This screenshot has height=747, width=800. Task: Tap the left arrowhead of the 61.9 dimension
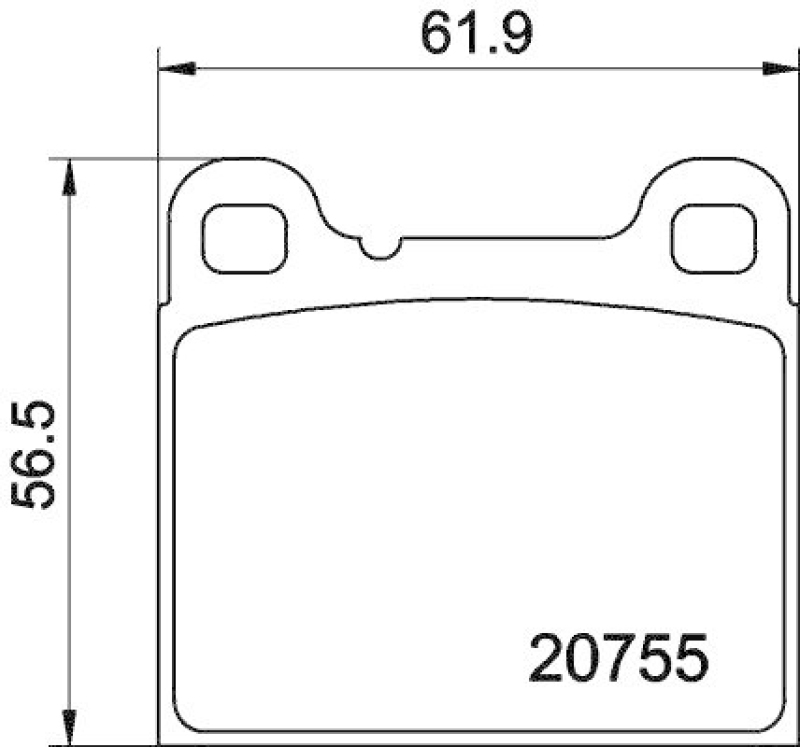(174, 69)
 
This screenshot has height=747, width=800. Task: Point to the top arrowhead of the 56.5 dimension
(68, 176)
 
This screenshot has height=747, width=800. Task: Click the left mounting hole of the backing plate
(245, 238)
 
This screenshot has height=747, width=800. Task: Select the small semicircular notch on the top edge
(380, 247)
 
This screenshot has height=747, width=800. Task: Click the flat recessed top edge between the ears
(500, 238)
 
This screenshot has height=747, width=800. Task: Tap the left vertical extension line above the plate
(159, 110)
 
